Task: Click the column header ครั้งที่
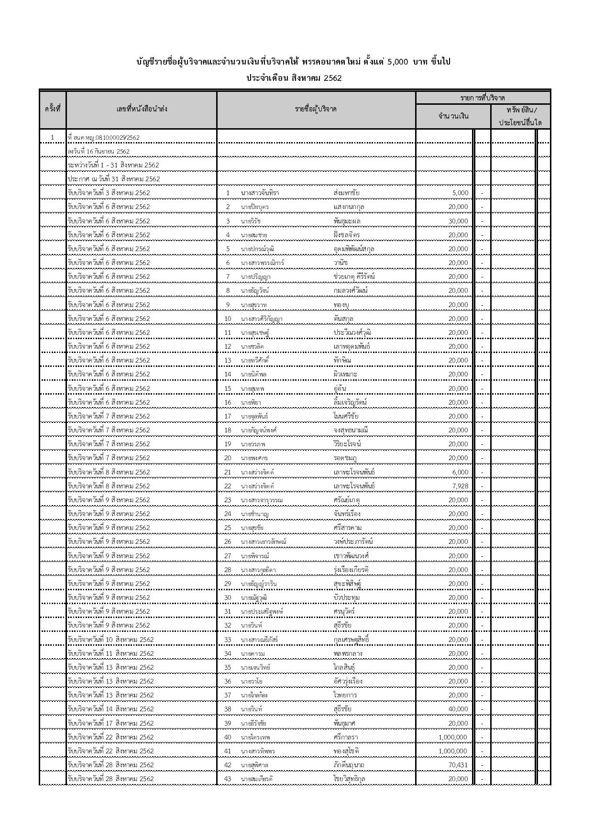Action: [53, 110]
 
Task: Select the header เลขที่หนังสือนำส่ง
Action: [142, 110]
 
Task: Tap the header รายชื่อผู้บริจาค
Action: [316, 110]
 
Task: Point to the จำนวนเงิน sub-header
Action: [453, 116]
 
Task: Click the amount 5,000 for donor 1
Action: [460, 193]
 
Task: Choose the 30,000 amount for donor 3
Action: [458, 221]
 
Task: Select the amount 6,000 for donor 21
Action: [460, 472]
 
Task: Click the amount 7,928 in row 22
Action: [460, 486]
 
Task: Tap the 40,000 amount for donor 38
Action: [458, 709]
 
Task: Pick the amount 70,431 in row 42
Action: [458, 765]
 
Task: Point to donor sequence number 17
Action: [228, 416]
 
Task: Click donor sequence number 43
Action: [228, 779]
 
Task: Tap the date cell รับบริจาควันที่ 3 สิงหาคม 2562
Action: [109, 193]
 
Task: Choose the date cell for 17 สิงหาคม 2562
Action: [111, 723]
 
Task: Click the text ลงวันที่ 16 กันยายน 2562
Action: [99, 152]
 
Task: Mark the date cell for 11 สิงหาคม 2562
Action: [111, 653]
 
